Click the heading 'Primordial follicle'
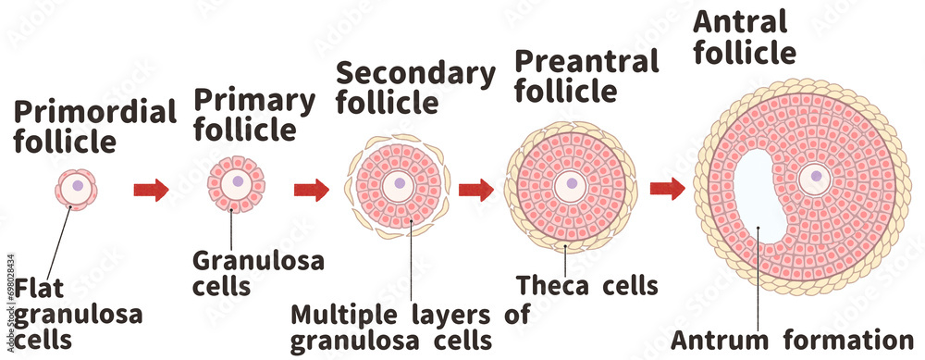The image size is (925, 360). (x=94, y=128)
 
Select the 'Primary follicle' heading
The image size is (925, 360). (x=253, y=115)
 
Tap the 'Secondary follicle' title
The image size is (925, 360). (x=414, y=87)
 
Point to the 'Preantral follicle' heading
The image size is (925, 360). (x=586, y=77)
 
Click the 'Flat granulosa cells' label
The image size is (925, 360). (x=79, y=314)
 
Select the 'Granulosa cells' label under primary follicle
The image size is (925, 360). (x=258, y=273)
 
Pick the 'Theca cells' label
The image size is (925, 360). (x=587, y=285)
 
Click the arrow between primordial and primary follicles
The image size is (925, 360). (x=152, y=191)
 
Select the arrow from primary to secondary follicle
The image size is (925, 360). (x=312, y=191)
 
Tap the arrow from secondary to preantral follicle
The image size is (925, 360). (x=476, y=191)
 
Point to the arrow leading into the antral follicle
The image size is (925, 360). (x=667, y=189)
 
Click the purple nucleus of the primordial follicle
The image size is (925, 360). (x=78, y=186)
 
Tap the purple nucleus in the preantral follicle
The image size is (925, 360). (x=573, y=183)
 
